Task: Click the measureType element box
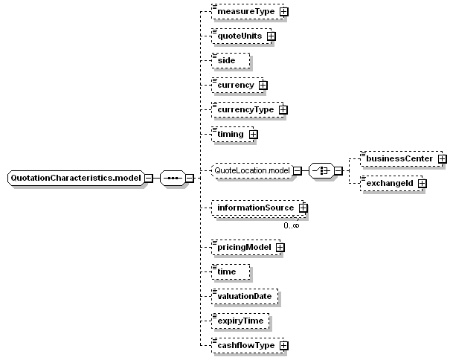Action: click(x=248, y=12)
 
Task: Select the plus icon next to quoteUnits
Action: click(x=271, y=36)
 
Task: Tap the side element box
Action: click(x=231, y=61)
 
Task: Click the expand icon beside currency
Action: click(x=263, y=86)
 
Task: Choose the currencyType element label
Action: click(x=245, y=110)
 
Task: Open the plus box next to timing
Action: click(x=254, y=135)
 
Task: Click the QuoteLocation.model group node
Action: click(x=252, y=171)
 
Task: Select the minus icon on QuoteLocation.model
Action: click(x=298, y=171)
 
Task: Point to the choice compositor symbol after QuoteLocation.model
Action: click(x=321, y=171)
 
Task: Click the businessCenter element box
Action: click(x=402, y=158)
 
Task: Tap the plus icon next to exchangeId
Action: click(x=423, y=183)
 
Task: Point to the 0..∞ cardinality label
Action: click(x=292, y=225)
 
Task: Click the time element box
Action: click(x=231, y=272)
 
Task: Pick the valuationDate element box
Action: click(x=245, y=297)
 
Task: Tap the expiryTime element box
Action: click(x=240, y=321)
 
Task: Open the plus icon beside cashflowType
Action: click(x=284, y=346)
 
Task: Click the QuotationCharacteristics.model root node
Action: click(x=76, y=178)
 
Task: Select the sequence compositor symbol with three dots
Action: click(x=173, y=178)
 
